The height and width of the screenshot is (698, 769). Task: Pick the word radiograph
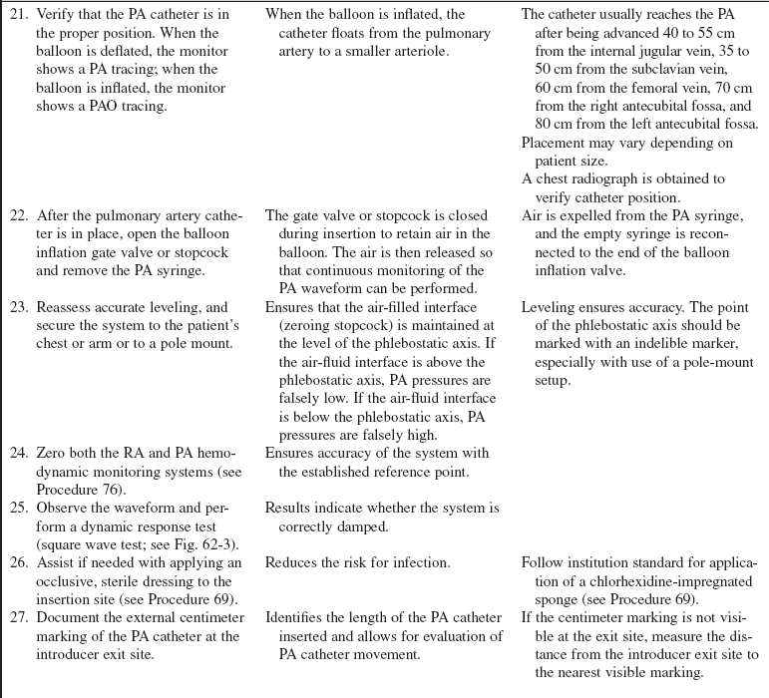[x=632, y=179]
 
